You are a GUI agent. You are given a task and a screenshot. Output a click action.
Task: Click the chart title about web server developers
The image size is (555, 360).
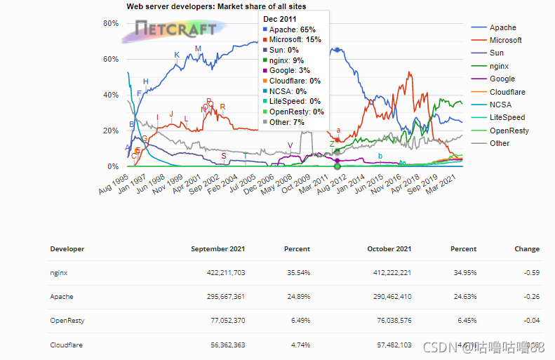point(216,6)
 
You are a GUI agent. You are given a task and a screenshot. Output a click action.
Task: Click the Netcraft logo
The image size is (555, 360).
point(175,29)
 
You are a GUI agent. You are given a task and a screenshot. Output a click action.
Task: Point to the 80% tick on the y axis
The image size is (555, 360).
point(111,23)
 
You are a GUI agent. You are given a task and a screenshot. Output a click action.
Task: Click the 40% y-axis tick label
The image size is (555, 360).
point(111,95)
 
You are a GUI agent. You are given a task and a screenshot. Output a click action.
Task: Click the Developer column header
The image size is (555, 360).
point(67,249)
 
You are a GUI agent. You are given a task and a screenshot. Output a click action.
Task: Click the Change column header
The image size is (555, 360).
point(526,249)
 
